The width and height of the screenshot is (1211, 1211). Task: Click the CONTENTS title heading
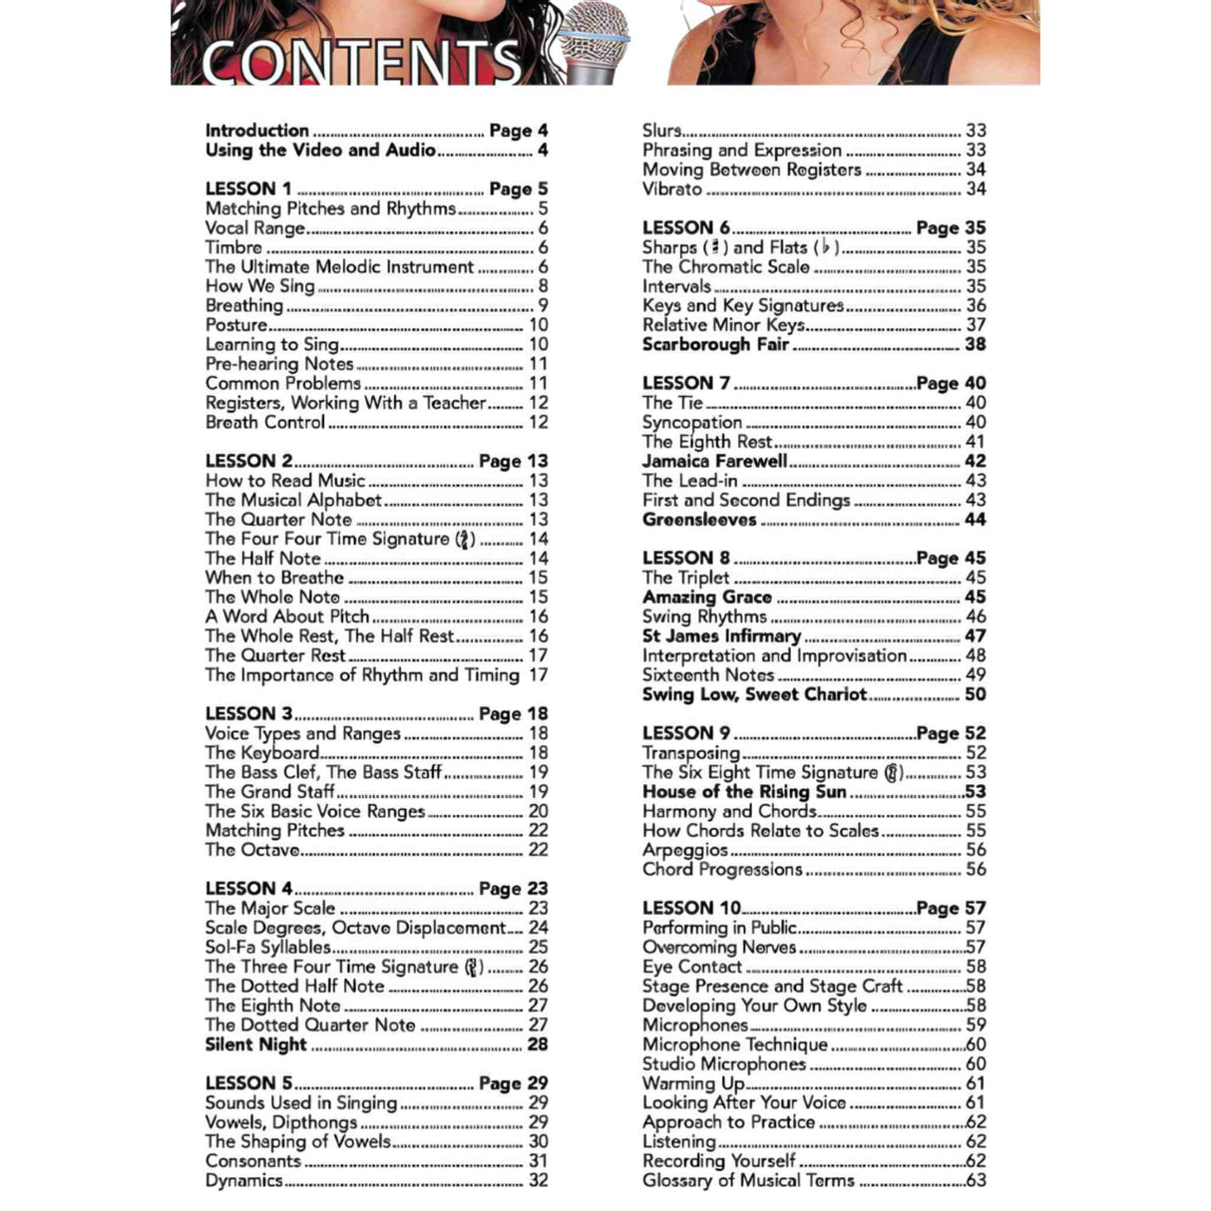click(361, 62)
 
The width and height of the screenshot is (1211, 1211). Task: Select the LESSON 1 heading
click(248, 189)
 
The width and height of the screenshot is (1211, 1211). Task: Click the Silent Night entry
click(256, 1044)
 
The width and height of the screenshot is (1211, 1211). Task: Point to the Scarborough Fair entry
click(715, 344)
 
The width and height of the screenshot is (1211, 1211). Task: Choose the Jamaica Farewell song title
click(714, 461)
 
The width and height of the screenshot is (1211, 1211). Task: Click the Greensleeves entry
click(699, 520)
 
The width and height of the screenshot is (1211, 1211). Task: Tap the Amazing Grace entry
click(707, 598)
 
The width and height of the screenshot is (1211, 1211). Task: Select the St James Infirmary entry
click(721, 636)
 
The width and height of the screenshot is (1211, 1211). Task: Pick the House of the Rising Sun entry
click(744, 792)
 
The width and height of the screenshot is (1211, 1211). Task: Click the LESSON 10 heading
click(691, 908)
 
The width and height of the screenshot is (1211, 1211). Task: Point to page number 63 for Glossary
click(976, 1181)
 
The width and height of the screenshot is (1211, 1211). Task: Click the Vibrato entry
click(672, 189)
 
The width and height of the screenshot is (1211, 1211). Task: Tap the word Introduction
click(257, 131)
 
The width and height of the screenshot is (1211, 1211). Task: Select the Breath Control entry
click(265, 422)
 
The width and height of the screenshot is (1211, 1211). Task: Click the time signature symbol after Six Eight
click(894, 772)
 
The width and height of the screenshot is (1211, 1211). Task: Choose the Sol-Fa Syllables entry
click(267, 948)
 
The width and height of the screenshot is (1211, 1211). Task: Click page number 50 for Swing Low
click(975, 694)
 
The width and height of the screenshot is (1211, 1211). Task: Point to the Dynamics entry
click(244, 1181)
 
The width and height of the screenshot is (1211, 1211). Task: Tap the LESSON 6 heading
click(686, 227)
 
